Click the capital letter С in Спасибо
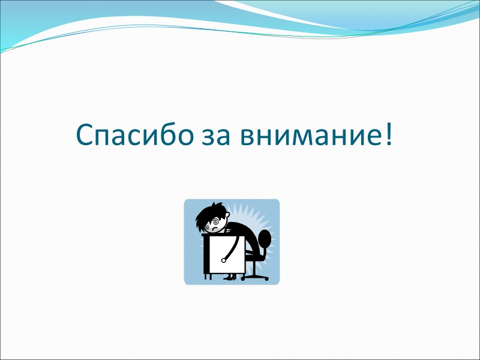click(x=85, y=136)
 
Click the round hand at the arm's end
click(x=224, y=260)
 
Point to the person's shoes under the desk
click(x=230, y=277)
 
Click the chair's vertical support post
click(x=255, y=268)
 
